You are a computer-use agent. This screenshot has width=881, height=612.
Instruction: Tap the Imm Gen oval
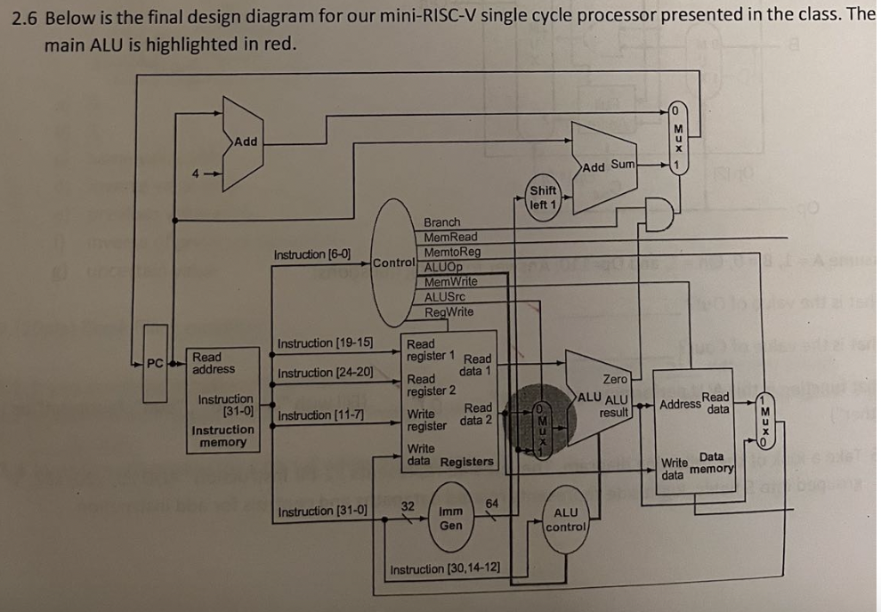tap(451, 519)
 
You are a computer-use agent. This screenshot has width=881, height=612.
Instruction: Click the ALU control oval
tap(566, 520)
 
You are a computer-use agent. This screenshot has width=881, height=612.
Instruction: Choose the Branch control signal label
tap(442, 222)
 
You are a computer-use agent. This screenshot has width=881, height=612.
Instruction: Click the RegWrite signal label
tap(449, 311)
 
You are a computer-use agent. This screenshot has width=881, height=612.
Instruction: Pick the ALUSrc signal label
tap(445, 296)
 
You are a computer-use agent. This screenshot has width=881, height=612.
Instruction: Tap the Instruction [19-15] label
tap(326, 343)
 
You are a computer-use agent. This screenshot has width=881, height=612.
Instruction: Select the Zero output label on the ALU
tap(615, 380)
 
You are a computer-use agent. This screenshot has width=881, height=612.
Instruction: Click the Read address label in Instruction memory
tap(214, 363)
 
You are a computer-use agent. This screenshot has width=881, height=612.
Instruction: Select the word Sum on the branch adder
tap(622, 165)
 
